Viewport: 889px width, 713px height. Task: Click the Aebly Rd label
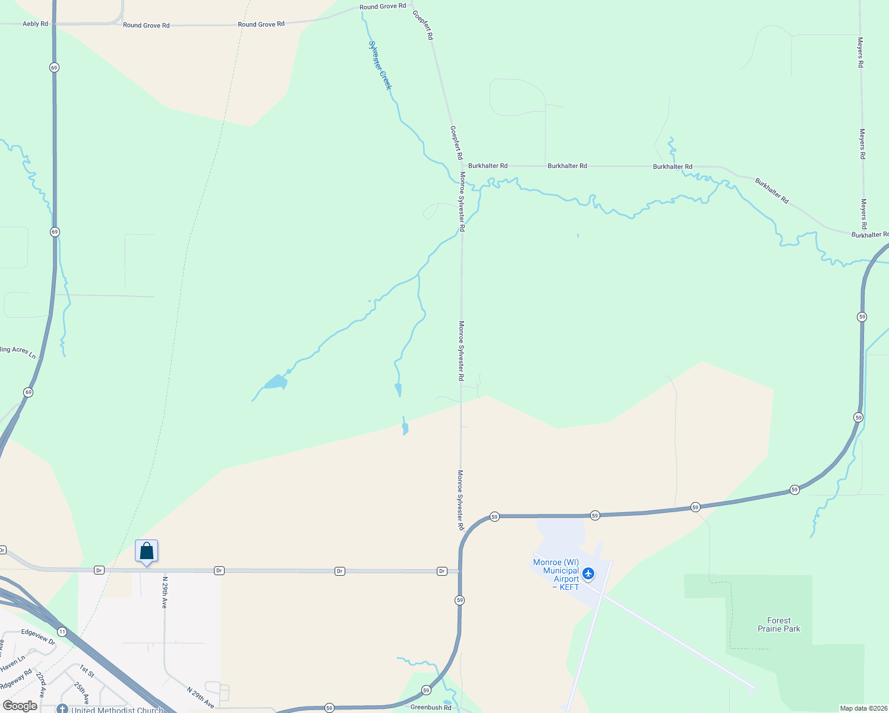pos(35,24)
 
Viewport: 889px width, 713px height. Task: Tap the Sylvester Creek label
pos(380,65)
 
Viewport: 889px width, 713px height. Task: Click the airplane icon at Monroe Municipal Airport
pos(588,573)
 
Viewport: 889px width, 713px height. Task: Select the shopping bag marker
pos(146,551)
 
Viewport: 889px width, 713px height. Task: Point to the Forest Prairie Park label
pos(778,624)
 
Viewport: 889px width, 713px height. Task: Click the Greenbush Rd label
pos(431,708)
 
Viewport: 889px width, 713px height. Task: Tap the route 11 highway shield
pos(62,631)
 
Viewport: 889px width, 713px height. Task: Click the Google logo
pos(20,706)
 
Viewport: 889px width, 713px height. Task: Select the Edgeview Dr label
pos(38,637)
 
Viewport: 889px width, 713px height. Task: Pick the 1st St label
pos(87,671)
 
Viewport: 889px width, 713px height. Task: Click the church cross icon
pos(62,709)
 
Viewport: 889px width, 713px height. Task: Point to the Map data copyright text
pos(863,708)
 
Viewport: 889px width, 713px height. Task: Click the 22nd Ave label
pos(40,685)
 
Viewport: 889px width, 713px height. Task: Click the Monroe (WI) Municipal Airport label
pos(556,575)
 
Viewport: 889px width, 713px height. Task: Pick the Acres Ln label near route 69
pos(18,352)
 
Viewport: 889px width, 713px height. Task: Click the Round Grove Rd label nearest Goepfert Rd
pos(383,7)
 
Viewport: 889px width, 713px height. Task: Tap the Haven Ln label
pos(13,664)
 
